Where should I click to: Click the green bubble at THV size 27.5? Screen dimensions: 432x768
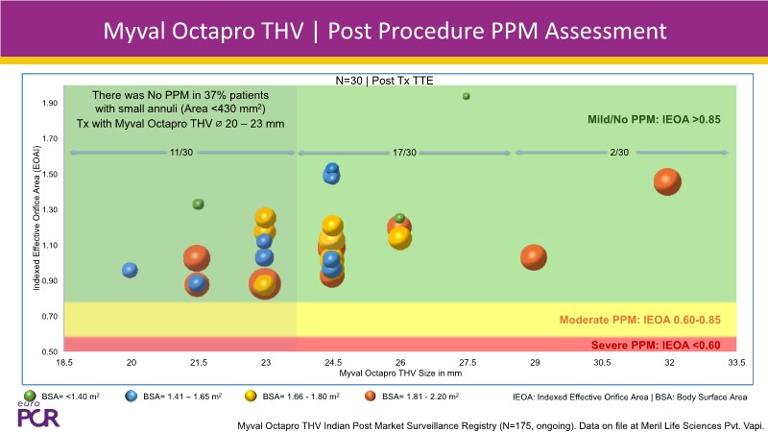point(467,96)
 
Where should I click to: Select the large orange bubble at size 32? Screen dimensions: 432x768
point(667,181)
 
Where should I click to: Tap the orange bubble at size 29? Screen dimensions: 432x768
point(534,257)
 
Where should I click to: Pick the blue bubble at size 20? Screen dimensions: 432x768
point(131,271)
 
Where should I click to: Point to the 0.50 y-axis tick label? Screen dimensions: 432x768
point(48,351)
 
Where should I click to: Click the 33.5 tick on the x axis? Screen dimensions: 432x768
point(735,363)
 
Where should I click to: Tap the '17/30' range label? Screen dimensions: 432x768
point(404,153)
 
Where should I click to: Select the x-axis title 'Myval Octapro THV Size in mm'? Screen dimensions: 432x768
point(399,372)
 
